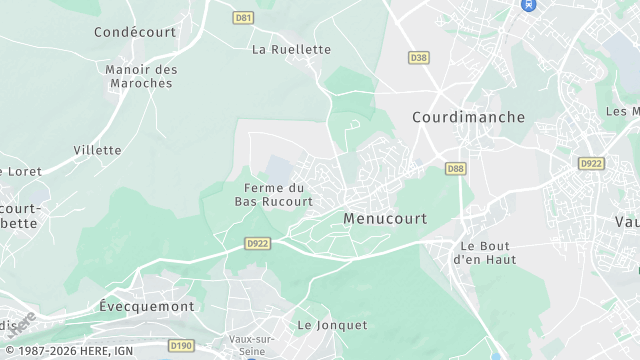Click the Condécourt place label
click(x=134, y=32)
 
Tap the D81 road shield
click(x=242, y=18)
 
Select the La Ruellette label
click(x=291, y=49)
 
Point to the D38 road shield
click(x=419, y=57)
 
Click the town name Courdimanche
click(x=468, y=117)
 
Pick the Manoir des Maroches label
click(x=141, y=76)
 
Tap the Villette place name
click(x=97, y=150)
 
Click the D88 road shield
click(x=456, y=169)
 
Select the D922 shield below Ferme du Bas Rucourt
click(x=258, y=243)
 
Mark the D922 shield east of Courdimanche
click(x=592, y=163)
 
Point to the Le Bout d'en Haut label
click(x=484, y=252)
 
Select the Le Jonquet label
click(x=332, y=325)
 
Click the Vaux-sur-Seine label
click(x=252, y=344)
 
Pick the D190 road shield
click(x=181, y=345)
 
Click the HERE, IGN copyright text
click(x=68, y=351)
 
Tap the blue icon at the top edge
click(x=528, y=5)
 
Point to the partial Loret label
click(x=21, y=171)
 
